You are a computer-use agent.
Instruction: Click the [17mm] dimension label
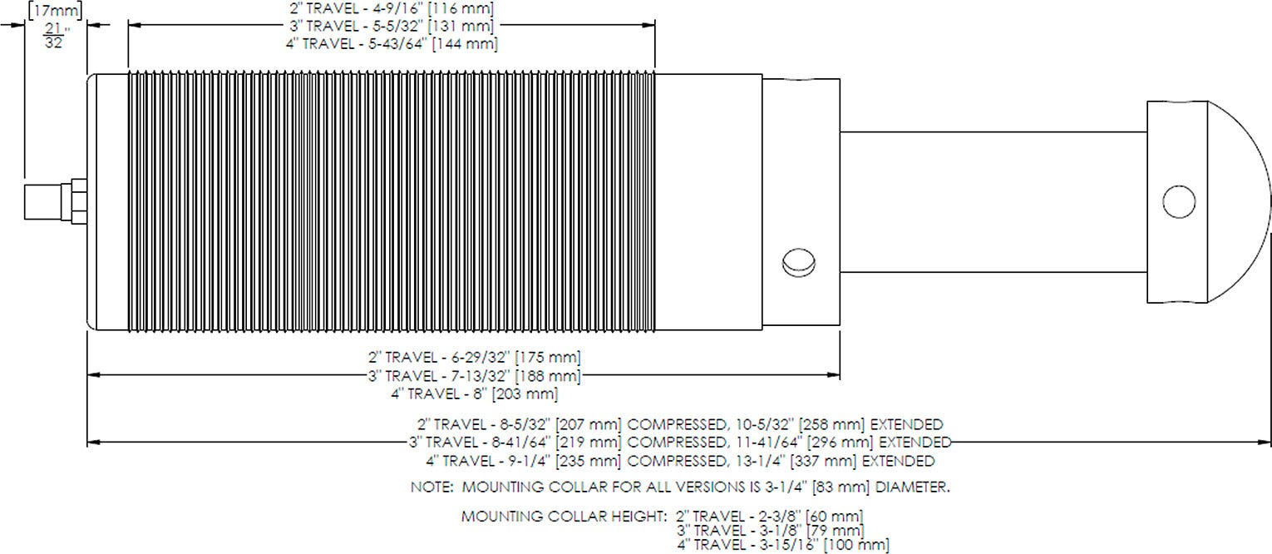pos(55,10)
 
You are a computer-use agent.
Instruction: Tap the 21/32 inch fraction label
pos(55,36)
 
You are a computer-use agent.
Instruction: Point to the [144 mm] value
pos(465,44)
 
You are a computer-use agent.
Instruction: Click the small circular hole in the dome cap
pos(1179,201)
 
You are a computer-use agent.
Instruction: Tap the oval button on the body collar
pos(798,263)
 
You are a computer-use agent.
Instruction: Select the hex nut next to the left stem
pos(78,201)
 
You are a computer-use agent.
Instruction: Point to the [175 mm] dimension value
pos(547,358)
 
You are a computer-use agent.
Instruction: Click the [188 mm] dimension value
pos(547,376)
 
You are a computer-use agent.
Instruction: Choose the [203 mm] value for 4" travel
pos(525,393)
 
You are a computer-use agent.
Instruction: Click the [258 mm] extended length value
pos(831,424)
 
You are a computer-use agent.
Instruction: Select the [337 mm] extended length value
pos(823,460)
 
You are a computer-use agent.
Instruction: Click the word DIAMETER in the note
pos(912,487)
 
